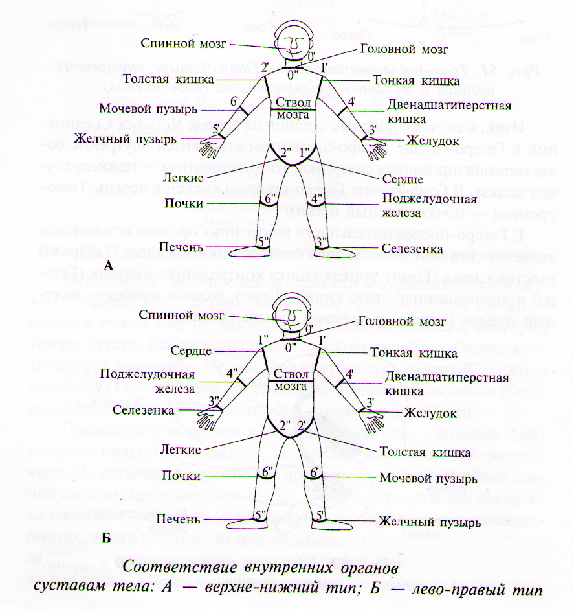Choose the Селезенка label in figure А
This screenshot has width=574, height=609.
click(x=411, y=247)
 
